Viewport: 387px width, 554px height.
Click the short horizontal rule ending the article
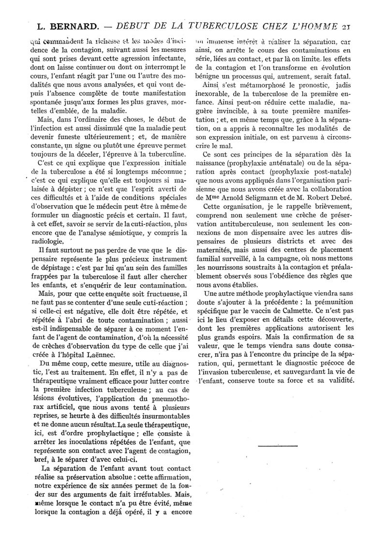[x=278, y=445]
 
